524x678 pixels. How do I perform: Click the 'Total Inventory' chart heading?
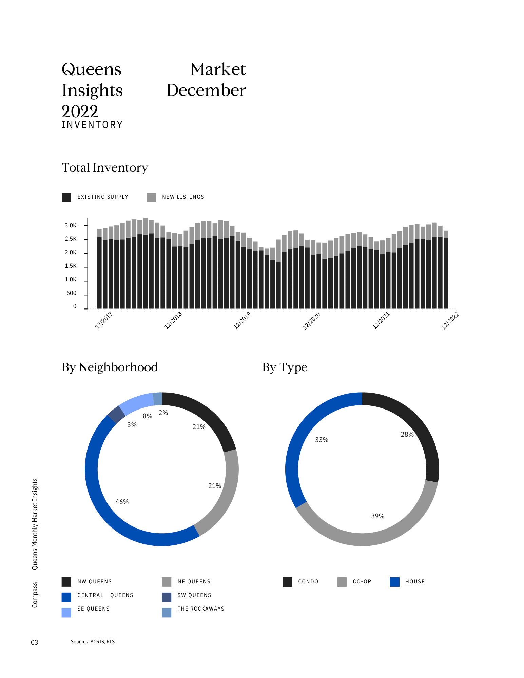[105, 168]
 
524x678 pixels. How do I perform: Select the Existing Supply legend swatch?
[66, 197]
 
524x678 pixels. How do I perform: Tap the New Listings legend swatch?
[151, 197]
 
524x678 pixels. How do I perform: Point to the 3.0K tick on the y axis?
[71, 226]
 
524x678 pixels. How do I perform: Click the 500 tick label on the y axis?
[72, 293]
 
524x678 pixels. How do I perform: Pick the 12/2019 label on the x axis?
[242, 320]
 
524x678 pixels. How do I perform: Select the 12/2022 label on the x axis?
[450, 321]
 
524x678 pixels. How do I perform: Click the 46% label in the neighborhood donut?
[122, 502]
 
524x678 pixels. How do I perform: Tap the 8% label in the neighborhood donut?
[148, 416]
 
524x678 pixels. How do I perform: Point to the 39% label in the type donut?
[377, 516]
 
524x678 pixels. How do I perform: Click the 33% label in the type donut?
[322, 440]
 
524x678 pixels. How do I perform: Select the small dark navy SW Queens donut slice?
[117, 414]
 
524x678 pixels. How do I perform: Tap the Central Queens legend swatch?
[66, 597]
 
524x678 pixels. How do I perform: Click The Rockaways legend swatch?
[167, 613]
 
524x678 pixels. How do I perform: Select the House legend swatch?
[395, 582]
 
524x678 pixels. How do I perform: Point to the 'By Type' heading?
[285, 367]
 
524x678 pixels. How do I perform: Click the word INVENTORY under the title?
[92, 125]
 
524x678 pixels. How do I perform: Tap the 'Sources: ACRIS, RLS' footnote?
[93, 642]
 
